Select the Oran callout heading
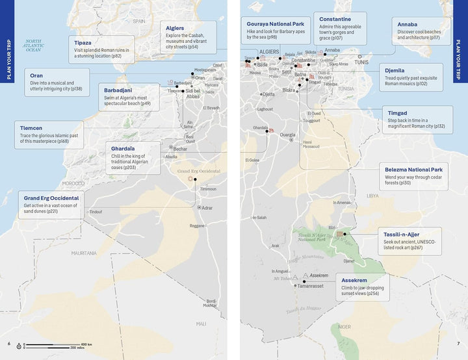36,75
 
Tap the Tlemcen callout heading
31,127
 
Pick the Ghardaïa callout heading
124,148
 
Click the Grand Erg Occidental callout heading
51,198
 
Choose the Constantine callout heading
335,19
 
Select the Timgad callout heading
398,113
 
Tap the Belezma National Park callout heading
418,169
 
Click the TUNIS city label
361,62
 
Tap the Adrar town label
207,208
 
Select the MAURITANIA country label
84,252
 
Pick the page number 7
458,344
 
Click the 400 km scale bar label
86,344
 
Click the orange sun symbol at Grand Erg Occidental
190,178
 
